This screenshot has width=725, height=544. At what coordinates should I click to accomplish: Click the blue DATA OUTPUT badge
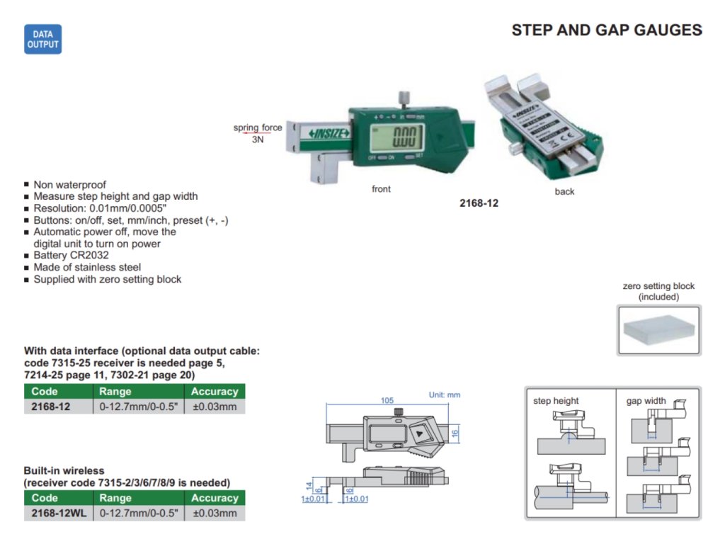[x=42, y=40]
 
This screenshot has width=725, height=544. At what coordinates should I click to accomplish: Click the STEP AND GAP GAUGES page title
[x=607, y=30]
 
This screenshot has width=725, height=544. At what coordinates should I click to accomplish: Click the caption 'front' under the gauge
[x=381, y=189]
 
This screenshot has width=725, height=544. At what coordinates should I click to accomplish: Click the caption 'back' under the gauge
[x=565, y=191]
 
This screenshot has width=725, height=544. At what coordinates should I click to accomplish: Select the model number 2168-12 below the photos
[x=479, y=203]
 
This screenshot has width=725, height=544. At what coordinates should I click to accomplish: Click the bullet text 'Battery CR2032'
[x=71, y=255]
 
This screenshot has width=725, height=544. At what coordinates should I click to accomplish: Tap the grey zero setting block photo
[x=659, y=330]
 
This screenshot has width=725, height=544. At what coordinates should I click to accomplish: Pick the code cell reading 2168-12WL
[x=59, y=513]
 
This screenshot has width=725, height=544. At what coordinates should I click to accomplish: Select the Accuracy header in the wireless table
[x=215, y=498]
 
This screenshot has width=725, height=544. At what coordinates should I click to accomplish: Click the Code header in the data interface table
[x=45, y=392]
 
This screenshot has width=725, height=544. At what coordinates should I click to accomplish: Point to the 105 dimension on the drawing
[x=387, y=400]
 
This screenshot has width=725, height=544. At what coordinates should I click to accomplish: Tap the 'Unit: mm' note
[x=445, y=395]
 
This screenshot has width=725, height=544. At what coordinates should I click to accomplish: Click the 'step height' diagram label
[x=556, y=401]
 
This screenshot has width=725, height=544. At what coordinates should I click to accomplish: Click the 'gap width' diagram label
[x=646, y=401]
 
